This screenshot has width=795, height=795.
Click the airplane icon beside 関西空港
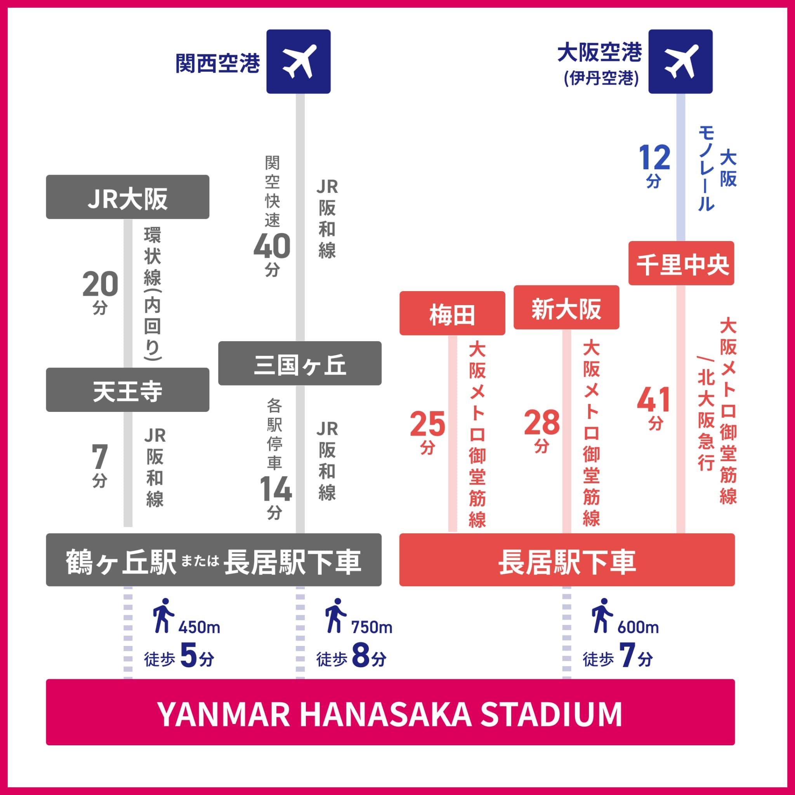pyautogui.click(x=299, y=61)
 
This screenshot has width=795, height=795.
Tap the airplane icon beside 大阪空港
pyautogui.click(x=680, y=61)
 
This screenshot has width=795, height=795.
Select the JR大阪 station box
pyautogui.click(x=128, y=197)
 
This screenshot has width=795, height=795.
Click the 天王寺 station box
pyautogui.click(x=128, y=390)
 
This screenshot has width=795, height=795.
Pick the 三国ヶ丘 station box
pyautogui.click(x=300, y=363)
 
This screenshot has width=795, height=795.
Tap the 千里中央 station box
pyautogui.click(x=681, y=263)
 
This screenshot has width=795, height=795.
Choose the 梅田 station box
pyautogui.click(x=452, y=314)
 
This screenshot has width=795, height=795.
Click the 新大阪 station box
pyautogui.click(x=566, y=307)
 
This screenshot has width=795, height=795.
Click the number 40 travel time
pyautogui.click(x=272, y=246)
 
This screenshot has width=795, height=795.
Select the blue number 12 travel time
pyautogui.click(x=654, y=158)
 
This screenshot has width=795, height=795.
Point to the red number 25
pyautogui.click(x=427, y=424)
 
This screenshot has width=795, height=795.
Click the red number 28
pyautogui.click(x=542, y=423)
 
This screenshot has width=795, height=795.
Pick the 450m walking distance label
pyautogui.click(x=199, y=628)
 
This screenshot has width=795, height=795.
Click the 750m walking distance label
pyautogui.click(x=371, y=628)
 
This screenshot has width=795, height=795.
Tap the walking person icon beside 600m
pyautogui.click(x=601, y=616)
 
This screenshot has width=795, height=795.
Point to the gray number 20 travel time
pyautogui.click(x=100, y=284)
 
